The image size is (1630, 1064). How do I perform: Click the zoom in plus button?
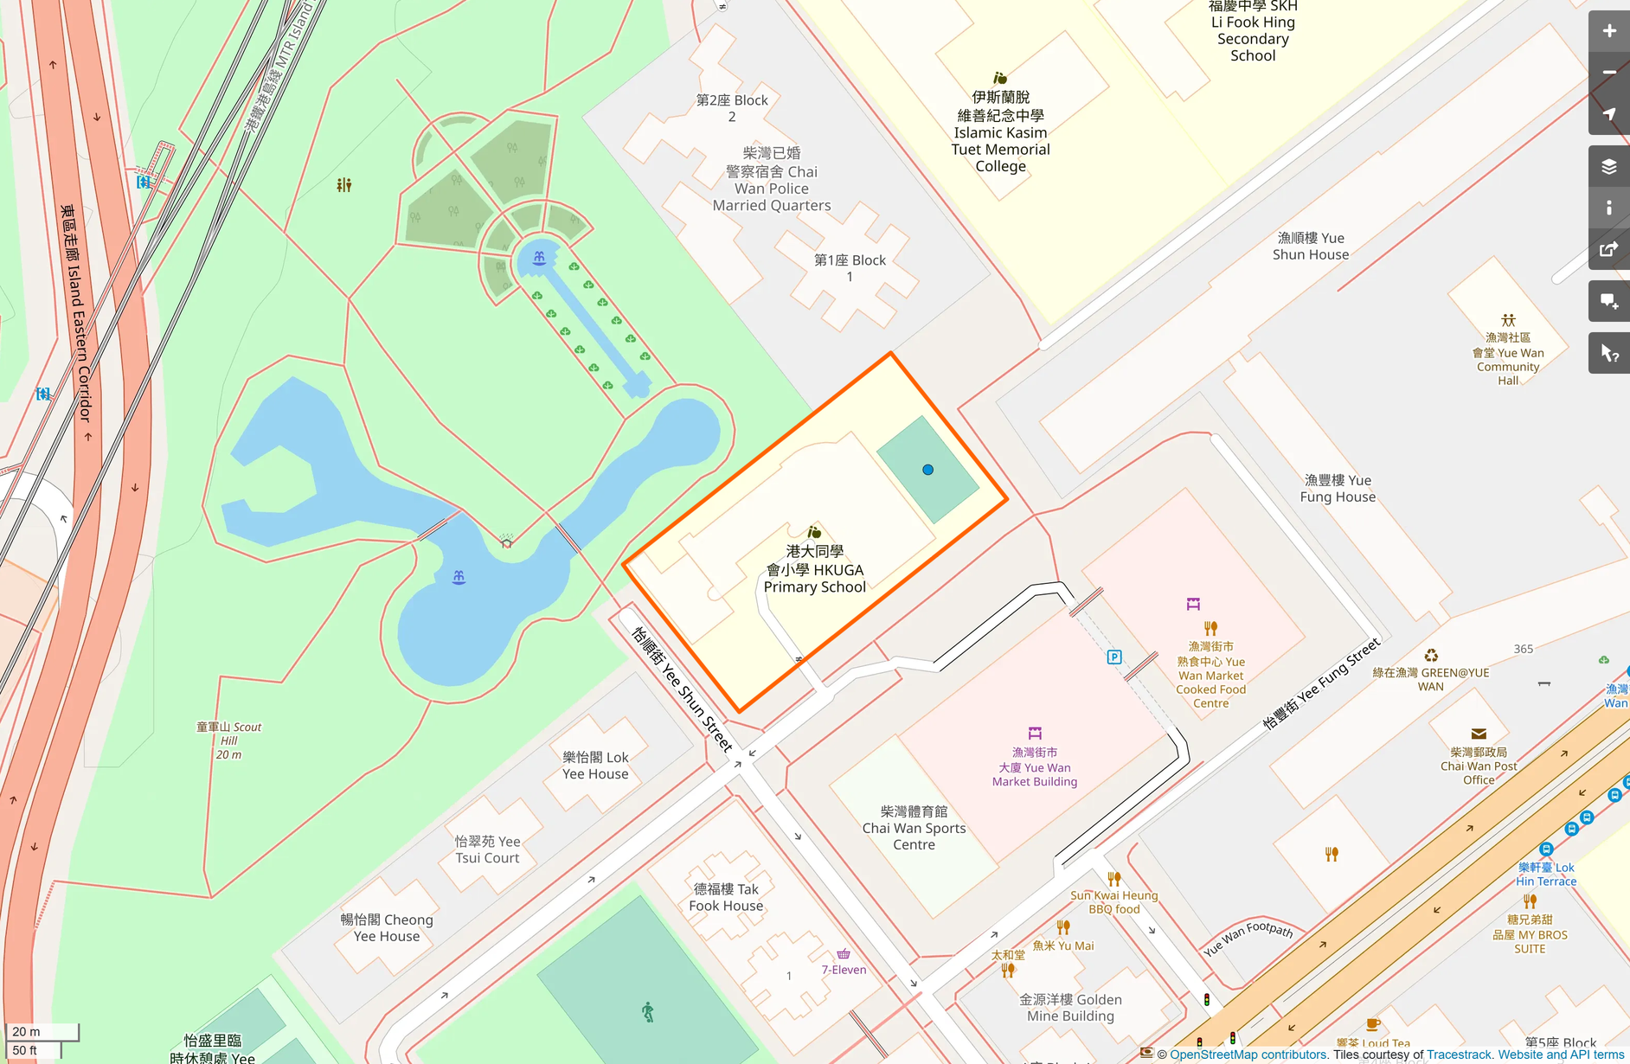(x=1608, y=31)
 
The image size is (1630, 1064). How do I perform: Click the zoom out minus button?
(x=1608, y=73)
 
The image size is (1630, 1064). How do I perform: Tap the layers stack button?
(x=1608, y=166)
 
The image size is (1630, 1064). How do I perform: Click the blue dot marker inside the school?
(x=927, y=470)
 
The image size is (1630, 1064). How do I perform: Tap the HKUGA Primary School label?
(x=814, y=569)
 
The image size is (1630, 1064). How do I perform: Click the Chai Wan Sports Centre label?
(x=914, y=828)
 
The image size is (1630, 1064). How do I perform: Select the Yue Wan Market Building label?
(x=1034, y=767)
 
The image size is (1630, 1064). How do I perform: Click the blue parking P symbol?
(x=1114, y=657)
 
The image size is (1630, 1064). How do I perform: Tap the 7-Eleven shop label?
(x=844, y=970)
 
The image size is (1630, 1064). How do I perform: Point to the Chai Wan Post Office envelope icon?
(x=1479, y=734)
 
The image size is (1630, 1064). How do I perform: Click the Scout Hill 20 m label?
(x=228, y=740)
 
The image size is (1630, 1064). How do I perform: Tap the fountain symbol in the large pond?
(x=459, y=577)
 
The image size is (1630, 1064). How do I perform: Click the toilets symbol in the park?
(x=344, y=184)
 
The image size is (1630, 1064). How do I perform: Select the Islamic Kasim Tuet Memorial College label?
(x=1000, y=132)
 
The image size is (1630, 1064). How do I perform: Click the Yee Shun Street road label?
(x=682, y=689)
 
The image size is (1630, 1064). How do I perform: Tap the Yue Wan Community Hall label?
(x=1508, y=359)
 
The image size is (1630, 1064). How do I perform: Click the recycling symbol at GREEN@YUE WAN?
(x=1431, y=656)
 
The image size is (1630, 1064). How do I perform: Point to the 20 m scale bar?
(x=42, y=1032)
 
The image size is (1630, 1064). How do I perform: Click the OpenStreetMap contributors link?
(x=1248, y=1054)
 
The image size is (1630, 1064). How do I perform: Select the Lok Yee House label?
(x=595, y=766)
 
